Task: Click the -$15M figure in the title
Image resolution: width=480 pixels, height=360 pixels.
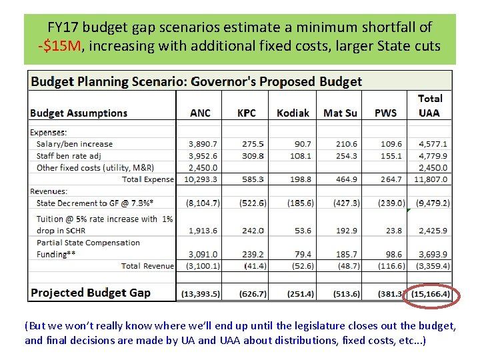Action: click(60, 46)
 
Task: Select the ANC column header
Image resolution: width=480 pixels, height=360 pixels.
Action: click(200, 113)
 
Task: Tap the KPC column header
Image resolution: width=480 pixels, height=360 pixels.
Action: click(246, 113)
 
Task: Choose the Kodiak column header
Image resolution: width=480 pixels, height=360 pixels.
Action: click(293, 113)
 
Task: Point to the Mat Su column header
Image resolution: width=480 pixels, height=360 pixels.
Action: click(340, 113)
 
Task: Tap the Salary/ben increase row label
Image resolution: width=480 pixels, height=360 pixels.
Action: click(75, 144)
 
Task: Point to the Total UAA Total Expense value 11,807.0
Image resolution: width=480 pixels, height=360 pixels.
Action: click(433, 179)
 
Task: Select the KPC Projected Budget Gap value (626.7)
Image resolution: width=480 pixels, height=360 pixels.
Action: click(252, 294)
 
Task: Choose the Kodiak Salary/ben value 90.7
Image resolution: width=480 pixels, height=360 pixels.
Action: click(301, 144)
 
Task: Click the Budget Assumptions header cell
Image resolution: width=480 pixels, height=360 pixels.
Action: click(79, 113)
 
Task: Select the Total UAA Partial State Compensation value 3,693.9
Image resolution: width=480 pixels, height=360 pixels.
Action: click(433, 254)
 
